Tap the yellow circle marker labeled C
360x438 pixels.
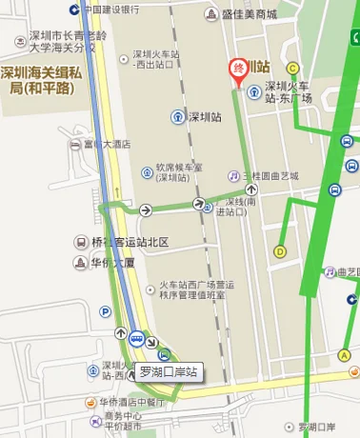[x=292, y=68]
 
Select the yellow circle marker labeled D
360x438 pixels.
[x=280, y=251]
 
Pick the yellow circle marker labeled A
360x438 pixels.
[x=345, y=355]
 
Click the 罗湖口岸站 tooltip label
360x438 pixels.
[x=168, y=371]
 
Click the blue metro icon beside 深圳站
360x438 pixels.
[x=178, y=117]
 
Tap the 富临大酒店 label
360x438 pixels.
[x=106, y=144]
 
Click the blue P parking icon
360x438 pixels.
[x=105, y=310]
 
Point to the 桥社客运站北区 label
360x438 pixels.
[x=130, y=242]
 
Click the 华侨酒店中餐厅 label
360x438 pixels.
[x=130, y=402]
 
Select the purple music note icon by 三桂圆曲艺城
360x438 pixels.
[x=233, y=176]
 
